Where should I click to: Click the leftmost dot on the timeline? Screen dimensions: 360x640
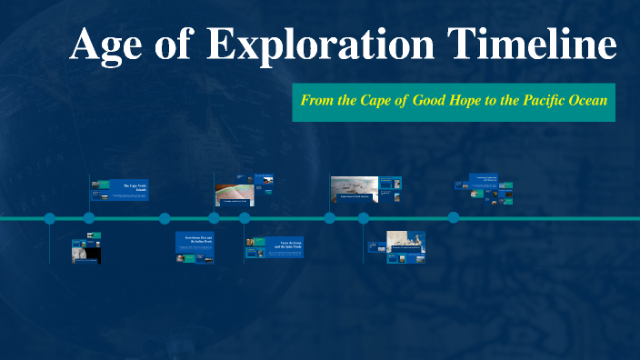(50, 218)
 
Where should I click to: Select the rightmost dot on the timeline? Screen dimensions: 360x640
(453, 218)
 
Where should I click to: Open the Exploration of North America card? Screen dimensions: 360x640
(354, 190)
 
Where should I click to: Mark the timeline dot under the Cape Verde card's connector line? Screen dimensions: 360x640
(89, 218)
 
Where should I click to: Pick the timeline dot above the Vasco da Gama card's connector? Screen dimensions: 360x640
(245, 218)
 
